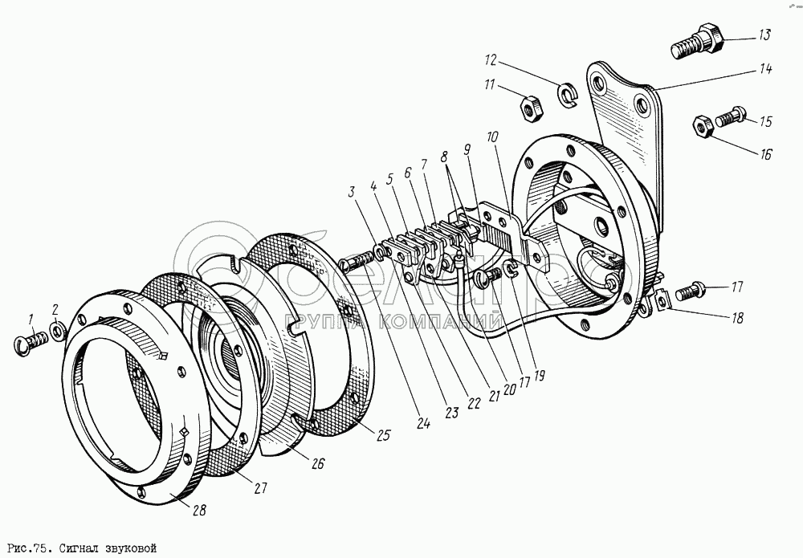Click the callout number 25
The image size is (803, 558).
[x=382, y=436]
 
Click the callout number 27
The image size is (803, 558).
[x=262, y=488]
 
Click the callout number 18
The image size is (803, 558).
[x=734, y=317]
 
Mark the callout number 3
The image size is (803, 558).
[x=351, y=192]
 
